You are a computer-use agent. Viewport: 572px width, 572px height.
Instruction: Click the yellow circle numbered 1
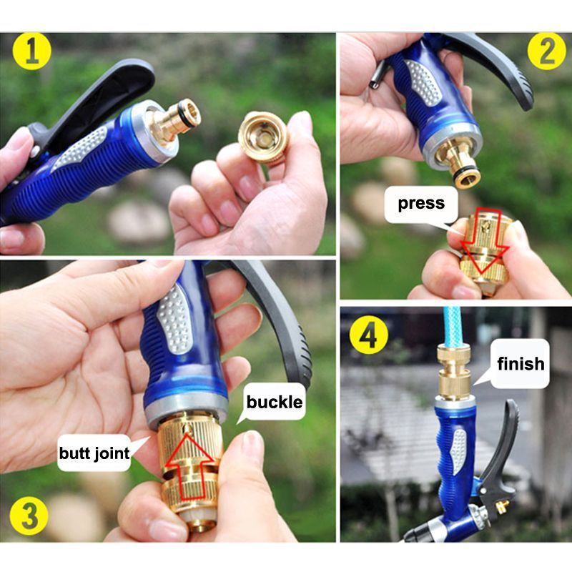point(32,51)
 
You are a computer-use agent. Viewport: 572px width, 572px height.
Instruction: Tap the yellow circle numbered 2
point(547,51)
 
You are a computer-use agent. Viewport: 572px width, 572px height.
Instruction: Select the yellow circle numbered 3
point(29,516)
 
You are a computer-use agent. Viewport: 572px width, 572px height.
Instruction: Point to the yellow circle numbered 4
point(369,335)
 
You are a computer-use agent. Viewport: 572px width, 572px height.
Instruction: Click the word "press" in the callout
point(421,203)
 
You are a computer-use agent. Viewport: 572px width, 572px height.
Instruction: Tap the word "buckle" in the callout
point(275,402)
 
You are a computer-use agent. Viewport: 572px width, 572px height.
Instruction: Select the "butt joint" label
point(94,453)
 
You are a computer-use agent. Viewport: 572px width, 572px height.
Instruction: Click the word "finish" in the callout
point(521,363)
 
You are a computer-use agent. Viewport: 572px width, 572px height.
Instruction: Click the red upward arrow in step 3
point(189,465)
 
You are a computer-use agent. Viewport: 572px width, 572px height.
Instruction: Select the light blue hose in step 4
point(453,327)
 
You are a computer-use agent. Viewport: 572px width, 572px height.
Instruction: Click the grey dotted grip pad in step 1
point(81,148)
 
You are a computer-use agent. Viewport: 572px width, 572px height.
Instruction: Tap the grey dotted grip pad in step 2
point(424,82)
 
